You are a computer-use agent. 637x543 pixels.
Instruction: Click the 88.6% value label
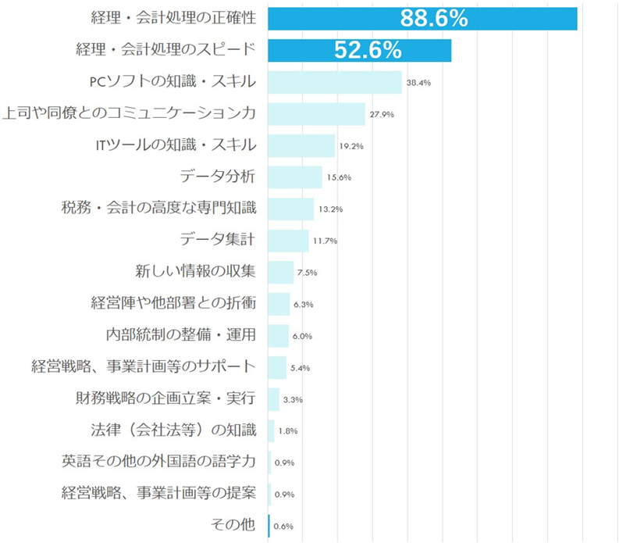(433, 19)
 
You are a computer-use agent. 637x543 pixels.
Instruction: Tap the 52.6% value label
(368, 51)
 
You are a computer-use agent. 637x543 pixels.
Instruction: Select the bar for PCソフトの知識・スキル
(335, 82)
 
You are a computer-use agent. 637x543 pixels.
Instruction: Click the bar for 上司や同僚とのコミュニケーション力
(316, 114)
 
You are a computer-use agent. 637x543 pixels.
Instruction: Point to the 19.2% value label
(351, 146)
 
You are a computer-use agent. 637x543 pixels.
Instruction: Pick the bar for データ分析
(295, 177)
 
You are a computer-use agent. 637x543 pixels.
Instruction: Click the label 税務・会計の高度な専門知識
(158, 209)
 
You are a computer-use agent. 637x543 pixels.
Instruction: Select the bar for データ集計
(288, 241)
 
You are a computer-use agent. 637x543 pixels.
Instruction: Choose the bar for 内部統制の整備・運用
(278, 336)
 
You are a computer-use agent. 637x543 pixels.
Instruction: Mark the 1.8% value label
(288, 430)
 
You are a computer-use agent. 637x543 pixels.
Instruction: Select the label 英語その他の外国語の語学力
(158, 462)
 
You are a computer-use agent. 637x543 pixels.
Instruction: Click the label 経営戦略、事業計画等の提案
(158, 494)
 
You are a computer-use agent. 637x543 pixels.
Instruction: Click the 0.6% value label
(283, 526)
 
